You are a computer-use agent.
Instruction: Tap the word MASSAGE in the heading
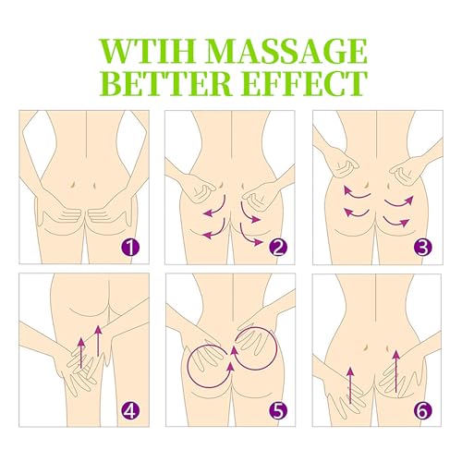point(286,51)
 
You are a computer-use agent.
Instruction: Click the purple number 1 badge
point(131,248)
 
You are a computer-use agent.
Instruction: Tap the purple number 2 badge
point(278,248)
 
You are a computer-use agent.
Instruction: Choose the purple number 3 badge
point(423,248)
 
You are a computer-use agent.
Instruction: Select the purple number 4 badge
point(130,410)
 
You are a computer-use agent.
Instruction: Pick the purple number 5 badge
point(278,410)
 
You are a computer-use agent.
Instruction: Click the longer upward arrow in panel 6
point(396,371)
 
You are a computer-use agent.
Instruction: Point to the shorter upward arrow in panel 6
point(350,385)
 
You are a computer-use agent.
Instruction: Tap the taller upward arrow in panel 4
point(98,340)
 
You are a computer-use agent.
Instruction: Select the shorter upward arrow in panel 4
point(81,353)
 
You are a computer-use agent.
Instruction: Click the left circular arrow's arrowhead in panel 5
point(230,368)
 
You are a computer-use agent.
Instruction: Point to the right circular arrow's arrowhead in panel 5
point(234,350)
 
